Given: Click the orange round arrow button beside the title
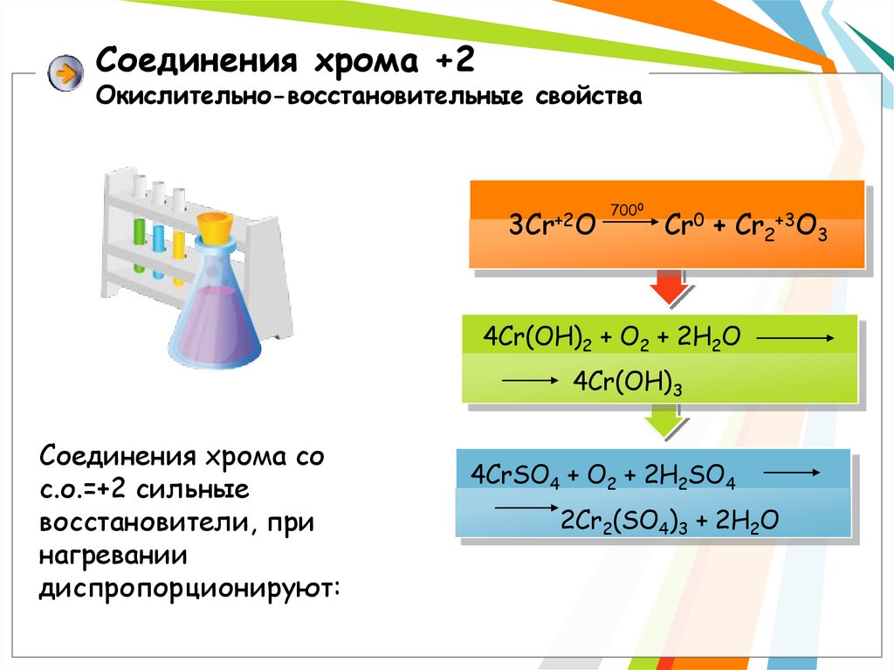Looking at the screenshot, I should [62, 73].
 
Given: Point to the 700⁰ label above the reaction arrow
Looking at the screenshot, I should [626, 209].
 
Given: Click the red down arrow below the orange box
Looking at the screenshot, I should [668, 288].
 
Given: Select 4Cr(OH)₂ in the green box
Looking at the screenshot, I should [534, 341].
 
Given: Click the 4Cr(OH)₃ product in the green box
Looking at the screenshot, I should [627, 382].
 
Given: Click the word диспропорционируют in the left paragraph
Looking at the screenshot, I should [189, 587].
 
